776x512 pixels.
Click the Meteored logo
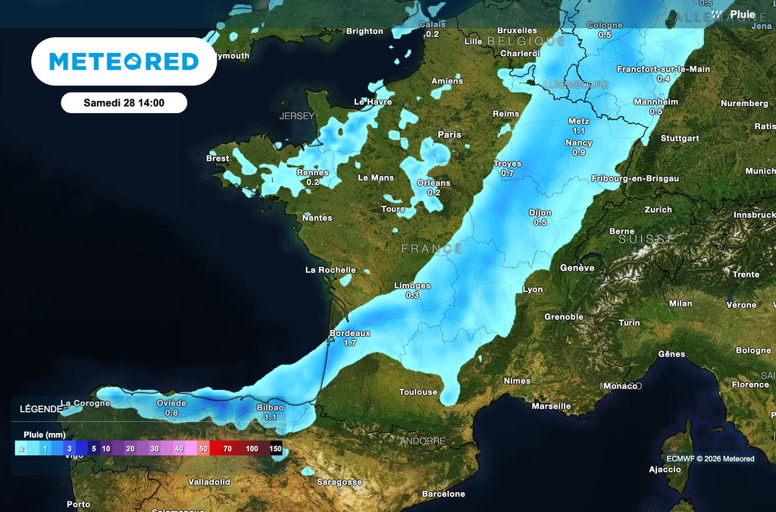[124, 61]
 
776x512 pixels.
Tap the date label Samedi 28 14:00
[124, 102]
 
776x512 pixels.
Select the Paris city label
[449, 135]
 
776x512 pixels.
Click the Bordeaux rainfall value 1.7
[350, 344]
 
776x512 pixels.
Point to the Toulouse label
[418, 392]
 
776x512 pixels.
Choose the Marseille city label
[551, 407]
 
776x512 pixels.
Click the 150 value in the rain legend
[276, 449]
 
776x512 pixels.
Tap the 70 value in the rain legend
[227, 449]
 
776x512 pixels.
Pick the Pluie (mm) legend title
[45, 435]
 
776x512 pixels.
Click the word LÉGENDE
[40, 409]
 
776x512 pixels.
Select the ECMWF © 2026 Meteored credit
[710, 458]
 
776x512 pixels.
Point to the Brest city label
[217, 159]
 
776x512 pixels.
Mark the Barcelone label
[443, 495]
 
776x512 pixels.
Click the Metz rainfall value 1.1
[579, 131]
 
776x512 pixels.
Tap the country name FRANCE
[431, 249]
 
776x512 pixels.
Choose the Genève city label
[577, 268]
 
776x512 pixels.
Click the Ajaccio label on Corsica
[665, 470]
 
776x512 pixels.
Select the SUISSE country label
[646, 239]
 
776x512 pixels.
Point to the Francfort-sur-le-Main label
[663, 69]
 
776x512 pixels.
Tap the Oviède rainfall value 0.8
[171, 413]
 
